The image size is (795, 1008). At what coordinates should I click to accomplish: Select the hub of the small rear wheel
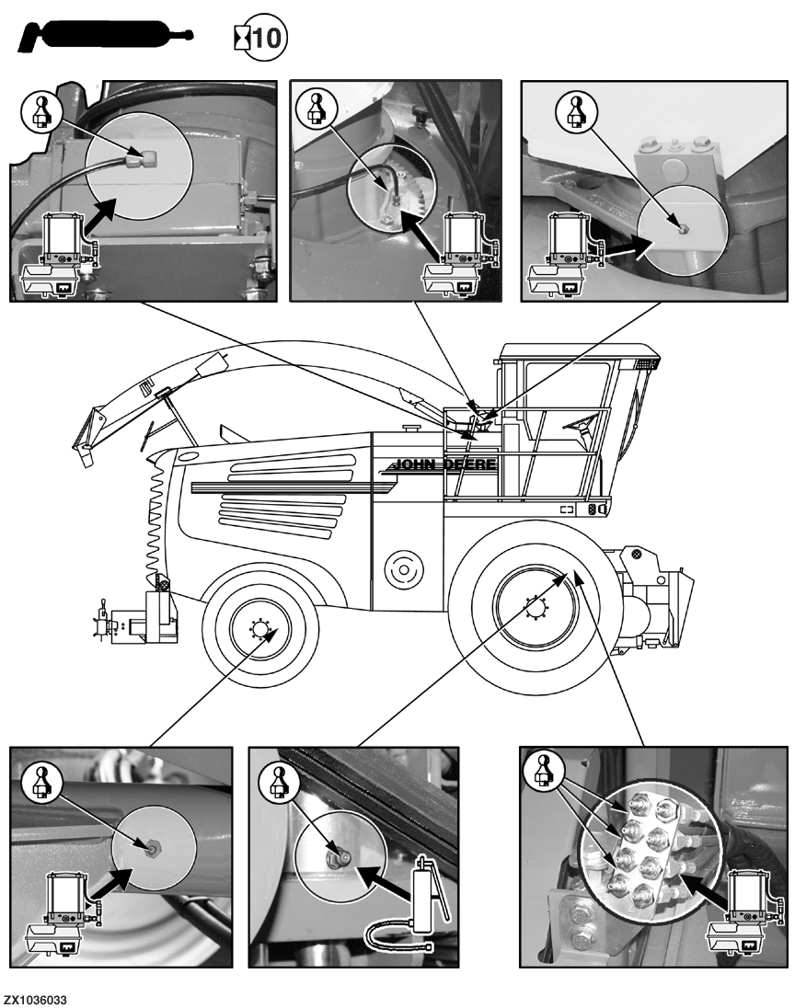[259, 630]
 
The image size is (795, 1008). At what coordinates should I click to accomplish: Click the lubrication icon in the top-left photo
[43, 114]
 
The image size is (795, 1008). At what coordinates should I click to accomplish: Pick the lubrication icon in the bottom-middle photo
[276, 783]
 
